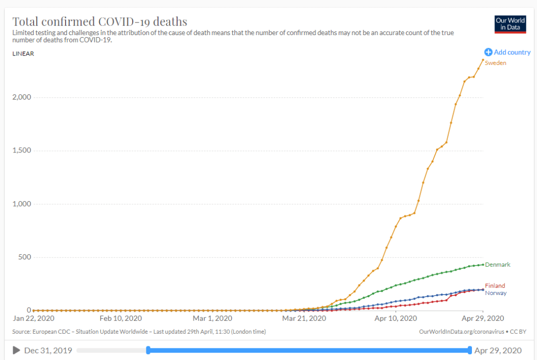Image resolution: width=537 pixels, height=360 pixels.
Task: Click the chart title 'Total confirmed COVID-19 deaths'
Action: tap(100, 22)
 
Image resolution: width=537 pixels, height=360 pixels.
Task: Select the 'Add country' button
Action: tap(507, 52)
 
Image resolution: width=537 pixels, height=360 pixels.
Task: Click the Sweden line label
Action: tap(496, 63)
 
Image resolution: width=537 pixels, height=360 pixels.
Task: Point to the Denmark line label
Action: tap(498, 265)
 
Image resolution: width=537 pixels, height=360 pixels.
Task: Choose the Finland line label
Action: tap(495, 286)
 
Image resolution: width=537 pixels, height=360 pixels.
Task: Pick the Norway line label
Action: tap(496, 293)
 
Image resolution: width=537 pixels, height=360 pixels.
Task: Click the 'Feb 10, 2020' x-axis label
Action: tap(121, 318)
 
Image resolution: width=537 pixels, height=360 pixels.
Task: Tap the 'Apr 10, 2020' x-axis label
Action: tap(395, 318)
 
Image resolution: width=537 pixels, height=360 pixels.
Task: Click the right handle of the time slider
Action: tap(469, 351)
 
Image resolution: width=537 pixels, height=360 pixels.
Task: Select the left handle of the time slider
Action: tap(148, 351)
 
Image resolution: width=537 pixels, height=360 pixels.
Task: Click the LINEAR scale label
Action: tap(23, 53)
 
